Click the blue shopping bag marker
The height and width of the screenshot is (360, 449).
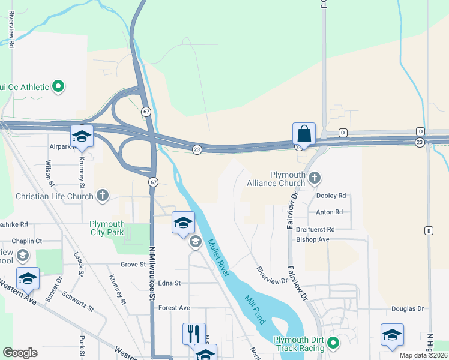click(x=304, y=134)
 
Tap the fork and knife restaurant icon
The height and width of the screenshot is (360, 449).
click(x=193, y=333)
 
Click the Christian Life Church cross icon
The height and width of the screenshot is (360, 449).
click(x=103, y=195)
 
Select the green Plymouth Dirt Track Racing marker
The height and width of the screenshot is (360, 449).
click(x=333, y=344)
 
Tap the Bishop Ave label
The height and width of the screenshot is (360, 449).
click(x=313, y=239)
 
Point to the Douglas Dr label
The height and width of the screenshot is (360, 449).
click(x=408, y=308)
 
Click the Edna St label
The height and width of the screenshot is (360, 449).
click(x=169, y=283)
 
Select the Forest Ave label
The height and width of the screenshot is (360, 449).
click(x=174, y=308)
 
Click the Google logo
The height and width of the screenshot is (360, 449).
click(x=20, y=353)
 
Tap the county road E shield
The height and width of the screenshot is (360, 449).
click(x=428, y=230)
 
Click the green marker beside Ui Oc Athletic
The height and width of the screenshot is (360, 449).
click(x=58, y=87)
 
